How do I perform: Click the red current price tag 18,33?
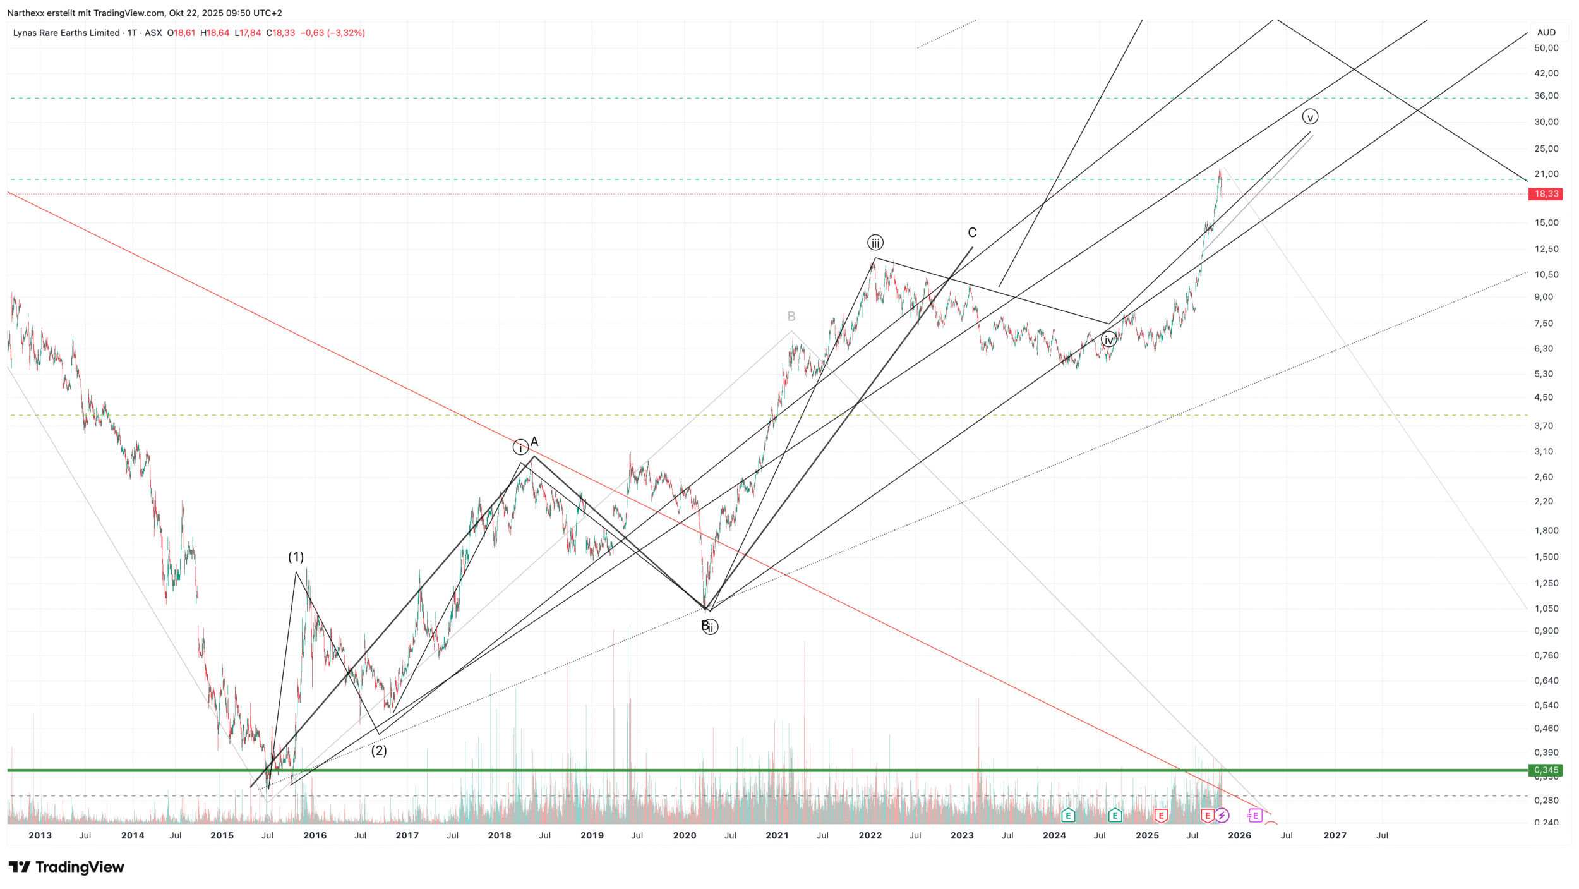pyautogui.click(x=1545, y=194)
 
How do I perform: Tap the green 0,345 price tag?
pyautogui.click(x=1545, y=770)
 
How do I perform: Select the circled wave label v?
pyautogui.click(x=1310, y=117)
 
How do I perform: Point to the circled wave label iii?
pyautogui.click(x=875, y=243)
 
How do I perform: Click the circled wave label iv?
pyautogui.click(x=1108, y=340)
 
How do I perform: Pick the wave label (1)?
pyautogui.click(x=296, y=557)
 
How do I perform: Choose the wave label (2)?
pyautogui.click(x=378, y=751)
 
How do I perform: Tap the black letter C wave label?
pyautogui.click(x=972, y=233)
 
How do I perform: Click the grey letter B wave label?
pyautogui.click(x=791, y=316)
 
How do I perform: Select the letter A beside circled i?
pyautogui.click(x=534, y=442)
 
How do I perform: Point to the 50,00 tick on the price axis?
pyautogui.click(x=1546, y=48)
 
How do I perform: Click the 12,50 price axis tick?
pyautogui.click(x=1546, y=249)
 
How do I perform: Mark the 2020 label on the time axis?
pyautogui.click(x=685, y=835)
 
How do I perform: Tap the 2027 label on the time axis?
pyautogui.click(x=1335, y=835)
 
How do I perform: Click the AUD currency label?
pyautogui.click(x=1546, y=32)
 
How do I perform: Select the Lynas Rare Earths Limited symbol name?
pyautogui.click(x=66, y=33)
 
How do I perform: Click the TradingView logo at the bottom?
pyautogui.click(x=66, y=867)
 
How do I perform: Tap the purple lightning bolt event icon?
pyautogui.click(x=1222, y=816)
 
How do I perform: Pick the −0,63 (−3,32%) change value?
pyautogui.click(x=332, y=33)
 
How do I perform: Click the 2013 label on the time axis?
pyautogui.click(x=40, y=835)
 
